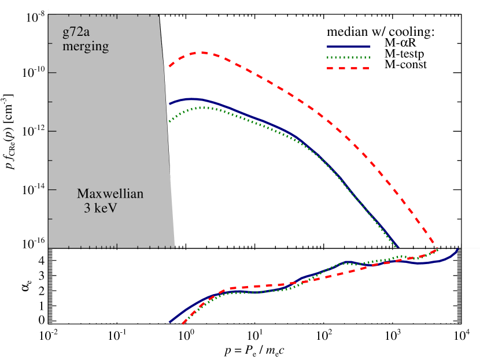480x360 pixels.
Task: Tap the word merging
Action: (86, 47)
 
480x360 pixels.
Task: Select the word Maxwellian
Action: (110, 194)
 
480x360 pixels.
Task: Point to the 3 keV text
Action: (101, 208)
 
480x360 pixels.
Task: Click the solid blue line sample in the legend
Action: (348, 47)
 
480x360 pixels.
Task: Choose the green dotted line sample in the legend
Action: (348, 57)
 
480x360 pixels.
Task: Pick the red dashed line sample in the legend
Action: (348, 68)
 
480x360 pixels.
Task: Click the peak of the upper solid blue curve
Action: (191, 99)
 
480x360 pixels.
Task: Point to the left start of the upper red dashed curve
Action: (169, 67)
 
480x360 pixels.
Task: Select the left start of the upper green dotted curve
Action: (169, 121)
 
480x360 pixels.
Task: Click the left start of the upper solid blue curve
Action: (169, 104)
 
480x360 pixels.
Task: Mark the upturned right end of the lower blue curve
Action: (458, 249)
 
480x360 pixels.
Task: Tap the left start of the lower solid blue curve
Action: (170, 322)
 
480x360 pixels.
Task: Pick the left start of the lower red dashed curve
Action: (183, 324)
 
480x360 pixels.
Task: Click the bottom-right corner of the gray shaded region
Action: (174, 247)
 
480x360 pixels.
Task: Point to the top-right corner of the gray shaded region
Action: (158, 14)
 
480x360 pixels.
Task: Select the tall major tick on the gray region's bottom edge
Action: (117, 245)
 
